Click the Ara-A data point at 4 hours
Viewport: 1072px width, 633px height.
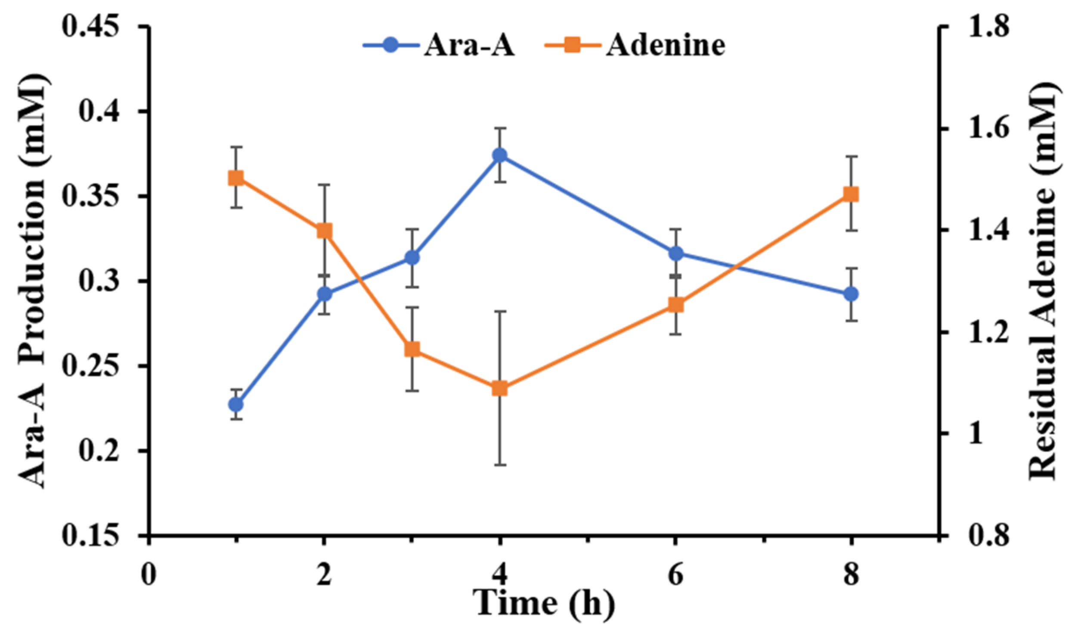click(499, 155)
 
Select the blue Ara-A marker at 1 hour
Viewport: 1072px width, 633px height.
click(236, 405)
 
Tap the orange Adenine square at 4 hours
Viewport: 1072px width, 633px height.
click(499, 388)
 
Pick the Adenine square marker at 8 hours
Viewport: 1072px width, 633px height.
click(851, 194)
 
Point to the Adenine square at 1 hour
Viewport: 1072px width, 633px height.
click(236, 178)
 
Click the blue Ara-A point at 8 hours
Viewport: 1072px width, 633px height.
click(851, 295)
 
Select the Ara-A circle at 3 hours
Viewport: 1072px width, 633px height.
click(412, 258)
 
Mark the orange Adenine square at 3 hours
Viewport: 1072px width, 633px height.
click(412, 349)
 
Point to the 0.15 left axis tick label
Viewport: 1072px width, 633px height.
click(90, 536)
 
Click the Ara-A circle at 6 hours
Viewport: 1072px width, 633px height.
click(675, 253)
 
